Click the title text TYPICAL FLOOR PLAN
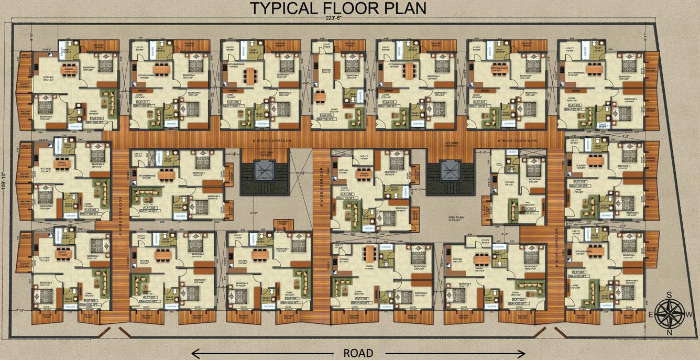(338, 8)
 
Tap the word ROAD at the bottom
(358, 353)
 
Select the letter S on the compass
(669, 295)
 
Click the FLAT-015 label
(324, 115)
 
